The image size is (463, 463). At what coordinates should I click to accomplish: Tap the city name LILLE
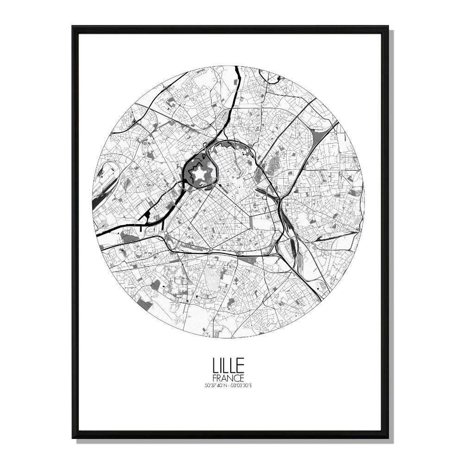click(x=228, y=366)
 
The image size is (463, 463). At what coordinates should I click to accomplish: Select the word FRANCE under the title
click(x=228, y=378)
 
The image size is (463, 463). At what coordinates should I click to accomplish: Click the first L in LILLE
click(x=215, y=366)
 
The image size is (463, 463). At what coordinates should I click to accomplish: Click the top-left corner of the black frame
click(x=73, y=27)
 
